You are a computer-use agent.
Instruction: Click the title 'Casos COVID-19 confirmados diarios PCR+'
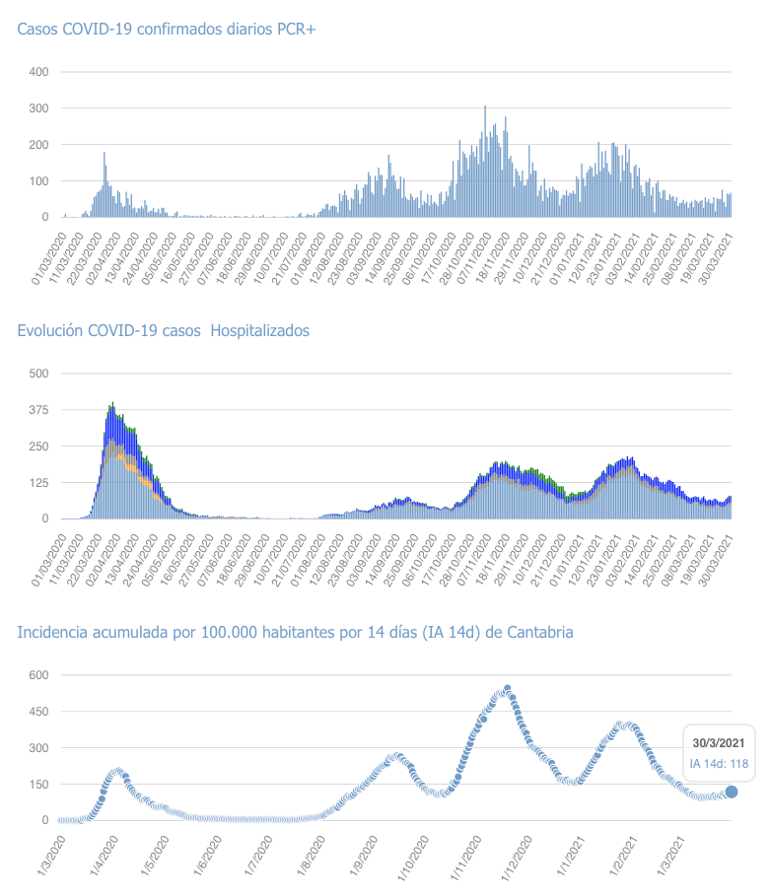click(x=166, y=30)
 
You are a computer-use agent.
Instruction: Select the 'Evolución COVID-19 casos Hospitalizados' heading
click(x=163, y=330)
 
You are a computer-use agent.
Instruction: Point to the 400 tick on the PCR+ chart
click(x=38, y=72)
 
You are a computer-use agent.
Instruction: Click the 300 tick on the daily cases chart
click(x=38, y=108)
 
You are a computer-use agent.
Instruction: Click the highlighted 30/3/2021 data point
click(x=731, y=792)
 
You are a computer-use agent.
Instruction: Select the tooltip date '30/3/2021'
click(x=718, y=742)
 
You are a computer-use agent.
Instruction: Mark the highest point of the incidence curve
click(x=508, y=689)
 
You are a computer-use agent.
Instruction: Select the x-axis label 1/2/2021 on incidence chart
click(x=623, y=857)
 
